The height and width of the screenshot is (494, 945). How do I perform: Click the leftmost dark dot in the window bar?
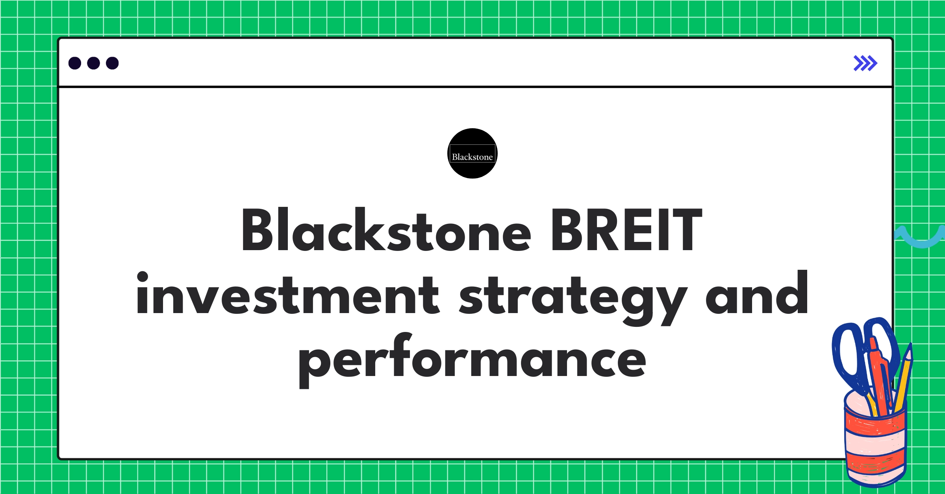[x=75, y=63]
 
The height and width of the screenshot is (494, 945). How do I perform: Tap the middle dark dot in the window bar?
[x=93, y=63]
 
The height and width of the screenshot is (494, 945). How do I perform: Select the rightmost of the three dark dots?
[x=112, y=63]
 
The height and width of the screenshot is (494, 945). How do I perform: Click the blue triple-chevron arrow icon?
[x=865, y=63]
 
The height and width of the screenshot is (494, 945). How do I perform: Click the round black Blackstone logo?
[x=472, y=153]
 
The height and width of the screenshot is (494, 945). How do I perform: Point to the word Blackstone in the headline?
[x=386, y=230]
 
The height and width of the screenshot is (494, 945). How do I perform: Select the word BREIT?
[x=626, y=230]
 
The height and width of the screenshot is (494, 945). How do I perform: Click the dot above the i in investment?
[x=142, y=276]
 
